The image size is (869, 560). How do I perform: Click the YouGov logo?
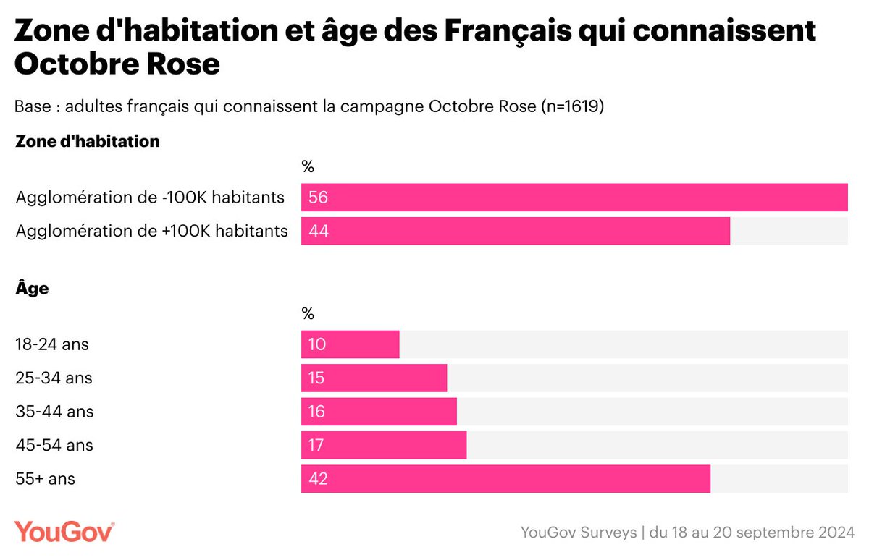tap(64, 531)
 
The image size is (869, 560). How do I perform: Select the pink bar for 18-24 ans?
tap(350, 344)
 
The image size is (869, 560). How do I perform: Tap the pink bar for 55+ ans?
tap(505, 479)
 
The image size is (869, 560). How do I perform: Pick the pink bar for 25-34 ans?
tap(374, 378)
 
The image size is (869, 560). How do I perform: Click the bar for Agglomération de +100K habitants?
tap(515, 232)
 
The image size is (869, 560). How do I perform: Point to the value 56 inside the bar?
tap(318, 198)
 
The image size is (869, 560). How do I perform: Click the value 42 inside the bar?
tap(318, 479)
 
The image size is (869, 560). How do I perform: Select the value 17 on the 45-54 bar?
tap(317, 446)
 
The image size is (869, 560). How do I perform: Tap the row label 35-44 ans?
tap(54, 412)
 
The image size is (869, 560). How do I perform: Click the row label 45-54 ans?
tap(54, 446)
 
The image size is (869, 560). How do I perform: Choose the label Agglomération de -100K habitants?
tap(150, 198)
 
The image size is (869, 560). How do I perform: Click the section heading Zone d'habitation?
tap(87, 142)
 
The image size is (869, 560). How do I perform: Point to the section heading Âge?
tap(32, 288)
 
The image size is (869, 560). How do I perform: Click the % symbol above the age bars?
tap(308, 314)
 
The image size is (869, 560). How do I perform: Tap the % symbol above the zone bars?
tap(308, 167)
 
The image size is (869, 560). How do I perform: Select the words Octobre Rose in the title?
tap(117, 64)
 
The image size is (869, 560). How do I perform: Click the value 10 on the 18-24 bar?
tap(317, 344)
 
